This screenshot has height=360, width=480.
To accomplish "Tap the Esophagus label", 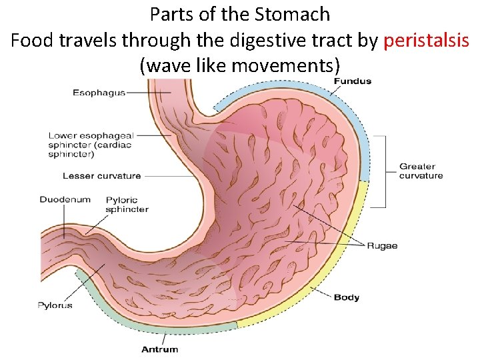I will (x=99, y=93).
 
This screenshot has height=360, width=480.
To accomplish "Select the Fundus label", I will (x=352, y=81).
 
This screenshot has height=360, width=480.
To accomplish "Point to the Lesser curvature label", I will (x=101, y=176).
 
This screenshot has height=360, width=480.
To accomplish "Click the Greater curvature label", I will (x=421, y=171).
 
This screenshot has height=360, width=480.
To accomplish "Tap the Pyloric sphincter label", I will (x=127, y=204).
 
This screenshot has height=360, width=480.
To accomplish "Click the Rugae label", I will (x=382, y=245).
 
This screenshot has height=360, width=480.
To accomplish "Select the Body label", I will (x=347, y=297).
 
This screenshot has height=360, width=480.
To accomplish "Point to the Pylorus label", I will (x=55, y=305).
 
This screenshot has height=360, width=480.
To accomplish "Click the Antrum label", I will (x=160, y=349).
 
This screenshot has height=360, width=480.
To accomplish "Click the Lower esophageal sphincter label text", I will (x=90, y=143).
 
